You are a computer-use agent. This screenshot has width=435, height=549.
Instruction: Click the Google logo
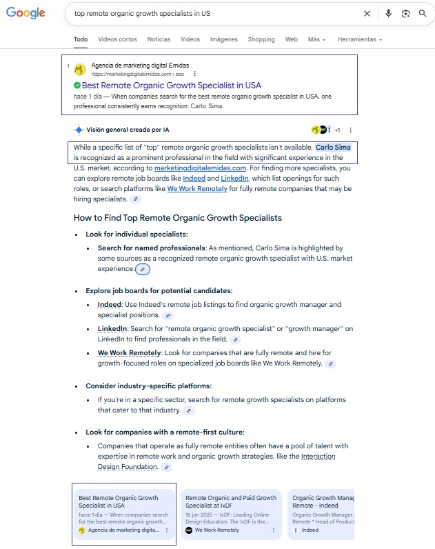tap(26, 13)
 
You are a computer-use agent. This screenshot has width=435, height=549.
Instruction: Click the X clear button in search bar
tap(367, 13)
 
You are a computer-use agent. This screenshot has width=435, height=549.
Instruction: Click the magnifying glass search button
tap(423, 13)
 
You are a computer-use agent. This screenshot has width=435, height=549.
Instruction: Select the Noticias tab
tap(159, 39)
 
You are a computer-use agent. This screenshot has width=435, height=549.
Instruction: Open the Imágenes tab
tap(223, 39)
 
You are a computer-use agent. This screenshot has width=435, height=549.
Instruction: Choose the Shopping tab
tap(261, 39)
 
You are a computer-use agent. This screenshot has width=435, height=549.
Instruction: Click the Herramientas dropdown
tap(359, 39)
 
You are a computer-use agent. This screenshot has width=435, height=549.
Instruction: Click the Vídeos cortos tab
tap(117, 39)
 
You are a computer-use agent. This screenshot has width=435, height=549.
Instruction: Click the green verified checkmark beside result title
tap(77, 86)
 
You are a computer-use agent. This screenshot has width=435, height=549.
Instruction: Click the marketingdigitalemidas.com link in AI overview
tap(200, 168)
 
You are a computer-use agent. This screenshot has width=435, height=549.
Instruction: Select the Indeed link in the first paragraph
tap(194, 178)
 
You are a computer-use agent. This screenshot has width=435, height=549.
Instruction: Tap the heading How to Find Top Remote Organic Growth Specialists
tap(178, 218)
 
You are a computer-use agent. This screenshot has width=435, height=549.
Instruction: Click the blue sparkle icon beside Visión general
tap(79, 130)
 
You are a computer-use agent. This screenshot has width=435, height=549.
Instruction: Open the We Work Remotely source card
tap(231, 514)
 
